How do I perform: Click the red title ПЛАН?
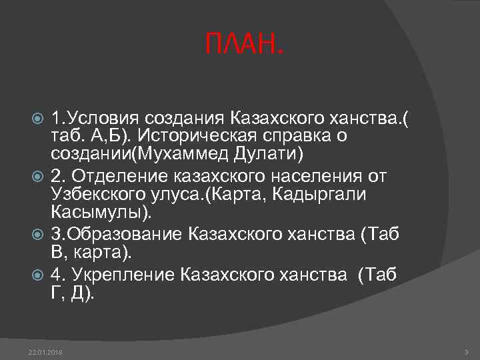[243, 46]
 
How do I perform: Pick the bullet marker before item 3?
[38, 234]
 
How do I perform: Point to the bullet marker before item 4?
[38, 274]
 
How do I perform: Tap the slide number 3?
[465, 351]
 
